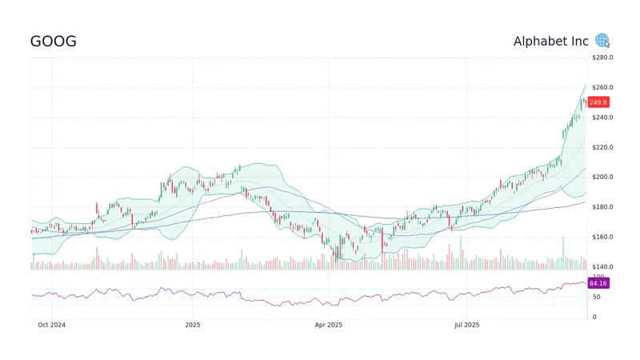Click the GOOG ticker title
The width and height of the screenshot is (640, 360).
pyautogui.click(x=54, y=42)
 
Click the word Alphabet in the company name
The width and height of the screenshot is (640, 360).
pyautogui.click(x=539, y=42)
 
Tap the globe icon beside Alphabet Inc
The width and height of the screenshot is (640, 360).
pyautogui.click(x=602, y=41)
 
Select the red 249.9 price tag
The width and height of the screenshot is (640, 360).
pyautogui.click(x=598, y=102)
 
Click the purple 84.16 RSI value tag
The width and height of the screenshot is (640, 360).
pyautogui.click(x=598, y=282)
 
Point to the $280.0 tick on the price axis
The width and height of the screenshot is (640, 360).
pyautogui.click(x=602, y=58)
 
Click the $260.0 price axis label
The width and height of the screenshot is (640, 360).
pyautogui.click(x=602, y=87)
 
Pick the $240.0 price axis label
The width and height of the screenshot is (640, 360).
pyautogui.click(x=602, y=118)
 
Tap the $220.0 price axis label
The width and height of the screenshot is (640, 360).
pyautogui.click(x=602, y=147)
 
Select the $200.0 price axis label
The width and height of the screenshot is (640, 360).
pyautogui.click(x=602, y=177)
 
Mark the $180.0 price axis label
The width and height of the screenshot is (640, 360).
pyautogui.click(x=602, y=207)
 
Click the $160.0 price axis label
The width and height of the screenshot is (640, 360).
pyautogui.click(x=602, y=237)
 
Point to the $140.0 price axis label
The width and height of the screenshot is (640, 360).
pyautogui.click(x=602, y=266)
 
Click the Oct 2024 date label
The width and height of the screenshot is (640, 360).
pyautogui.click(x=51, y=325)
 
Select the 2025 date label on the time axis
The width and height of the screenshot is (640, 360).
pyautogui.click(x=192, y=325)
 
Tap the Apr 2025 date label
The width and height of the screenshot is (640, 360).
pyautogui.click(x=328, y=325)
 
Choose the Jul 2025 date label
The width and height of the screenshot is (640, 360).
pyautogui.click(x=466, y=325)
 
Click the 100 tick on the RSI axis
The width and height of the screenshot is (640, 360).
pyautogui.click(x=597, y=276)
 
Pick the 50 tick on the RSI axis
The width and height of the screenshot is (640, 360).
pyautogui.click(x=595, y=296)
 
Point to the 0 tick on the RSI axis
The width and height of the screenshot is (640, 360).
pyautogui.click(x=594, y=317)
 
